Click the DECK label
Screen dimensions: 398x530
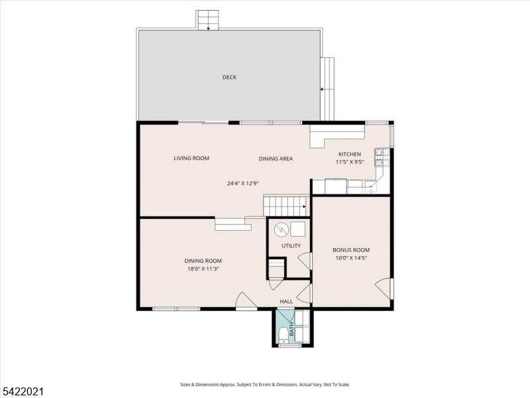pyautogui.click(x=229, y=78)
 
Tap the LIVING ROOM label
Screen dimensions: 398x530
pyautogui.click(x=191, y=159)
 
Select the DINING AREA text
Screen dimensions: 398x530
pyautogui.click(x=276, y=159)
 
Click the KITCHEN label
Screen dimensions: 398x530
pyautogui.click(x=350, y=154)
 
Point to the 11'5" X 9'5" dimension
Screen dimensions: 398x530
pyautogui.click(x=350, y=162)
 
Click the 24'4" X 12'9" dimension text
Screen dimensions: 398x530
pyautogui.click(x=242, y=184)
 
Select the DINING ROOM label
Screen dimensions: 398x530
pyautogui.click(x=203, y=261)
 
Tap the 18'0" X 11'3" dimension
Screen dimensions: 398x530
pyautogui.click(x=203, y=269)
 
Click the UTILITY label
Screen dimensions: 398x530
pyautogui.click(x=291, y=245)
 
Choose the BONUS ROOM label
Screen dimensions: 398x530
pyautogui.click(x=350, y=250)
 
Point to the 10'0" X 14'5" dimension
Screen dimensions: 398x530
pyautogui.click(x=350, y=259)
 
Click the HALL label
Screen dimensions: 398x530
pyautogui.click(x=286, y=301)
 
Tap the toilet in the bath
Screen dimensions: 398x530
pyautogui.click(x=283, y=333)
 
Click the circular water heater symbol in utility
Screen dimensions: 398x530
pyautogui.click(x=280, y=229)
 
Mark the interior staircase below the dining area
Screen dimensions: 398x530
pyautogui.click(x=286, y=205)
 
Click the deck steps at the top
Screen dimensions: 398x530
pyautogui.click(x=207, y=19)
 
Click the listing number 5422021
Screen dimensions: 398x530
pyautogui.click(x=23, y=391)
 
